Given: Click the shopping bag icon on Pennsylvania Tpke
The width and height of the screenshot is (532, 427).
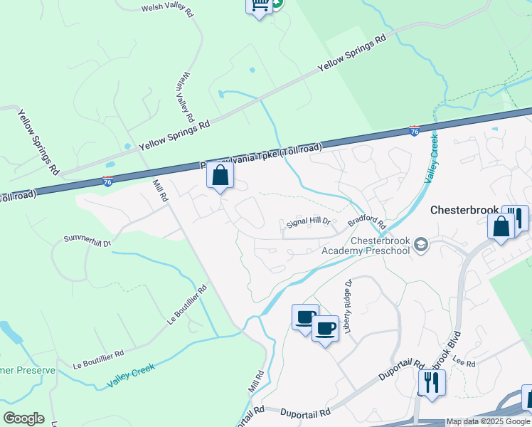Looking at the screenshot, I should [x=220, y=175].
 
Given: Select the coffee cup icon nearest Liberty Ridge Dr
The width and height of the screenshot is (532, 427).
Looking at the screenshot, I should [x=325, y=329].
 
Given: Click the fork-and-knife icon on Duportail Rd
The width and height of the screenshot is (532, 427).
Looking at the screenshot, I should [x=432, y=382].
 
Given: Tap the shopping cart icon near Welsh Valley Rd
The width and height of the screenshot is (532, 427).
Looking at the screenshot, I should [x=259, y=5].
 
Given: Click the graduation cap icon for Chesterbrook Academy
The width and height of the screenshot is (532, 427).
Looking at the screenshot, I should [x=422, y=245].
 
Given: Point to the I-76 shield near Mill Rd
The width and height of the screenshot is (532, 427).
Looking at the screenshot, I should [x=107, y=181].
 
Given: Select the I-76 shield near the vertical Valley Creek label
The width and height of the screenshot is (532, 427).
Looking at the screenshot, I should [x=415, y=131].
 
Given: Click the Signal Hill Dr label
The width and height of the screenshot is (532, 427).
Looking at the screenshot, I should [x=309, y=222].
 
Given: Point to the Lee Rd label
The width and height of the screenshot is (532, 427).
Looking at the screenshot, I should [x=465, y=364].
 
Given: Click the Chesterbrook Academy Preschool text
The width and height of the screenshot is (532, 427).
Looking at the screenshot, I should [x=366, y=246].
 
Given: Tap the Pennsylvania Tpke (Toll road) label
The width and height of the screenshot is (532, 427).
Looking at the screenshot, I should [x=262, y=157].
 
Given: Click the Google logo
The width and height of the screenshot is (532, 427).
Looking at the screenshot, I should [x=23, y=418].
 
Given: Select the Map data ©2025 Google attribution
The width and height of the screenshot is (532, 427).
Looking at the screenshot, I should [x=489, y=422].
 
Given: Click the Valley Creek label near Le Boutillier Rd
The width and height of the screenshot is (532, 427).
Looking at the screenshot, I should [x=131, y=376].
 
